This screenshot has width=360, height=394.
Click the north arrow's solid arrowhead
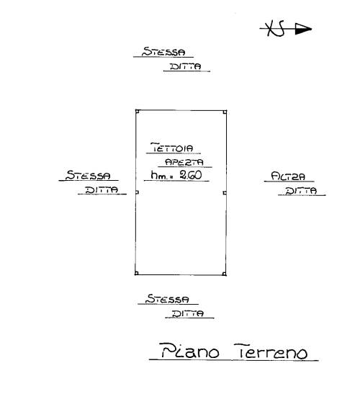point(303,29)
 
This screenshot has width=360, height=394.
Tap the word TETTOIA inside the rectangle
point(172,148)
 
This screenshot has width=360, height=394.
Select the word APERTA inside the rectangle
point(184,162)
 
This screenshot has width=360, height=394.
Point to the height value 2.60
point(191,175)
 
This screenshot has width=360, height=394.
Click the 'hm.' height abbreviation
point(158,175)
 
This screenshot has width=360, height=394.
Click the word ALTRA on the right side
point(288,176)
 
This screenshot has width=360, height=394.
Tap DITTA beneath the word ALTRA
point(301,191)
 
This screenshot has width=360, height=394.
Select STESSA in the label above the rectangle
point(163,52)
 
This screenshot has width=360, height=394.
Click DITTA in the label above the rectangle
point(186,66)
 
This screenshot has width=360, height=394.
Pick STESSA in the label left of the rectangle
point(88,175)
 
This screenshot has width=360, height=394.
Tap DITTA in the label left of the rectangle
point(102,189)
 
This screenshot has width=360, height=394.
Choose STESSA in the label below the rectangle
point(168,299)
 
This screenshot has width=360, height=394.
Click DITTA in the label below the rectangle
point(188,313)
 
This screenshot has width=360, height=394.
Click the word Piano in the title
point(190,350)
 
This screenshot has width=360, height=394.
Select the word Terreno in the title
point(271,352)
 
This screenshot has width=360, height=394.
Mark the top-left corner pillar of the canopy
point(138,112)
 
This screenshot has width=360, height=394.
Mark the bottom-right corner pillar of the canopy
point(224,274)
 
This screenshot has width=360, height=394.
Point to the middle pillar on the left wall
point(137,192)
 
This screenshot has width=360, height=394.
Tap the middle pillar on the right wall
point(225,193)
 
